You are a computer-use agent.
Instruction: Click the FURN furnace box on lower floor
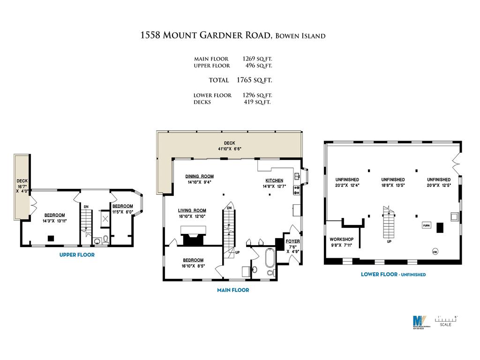point(427,225)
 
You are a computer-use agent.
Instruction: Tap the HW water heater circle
point(435,251)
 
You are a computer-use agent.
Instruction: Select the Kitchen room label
point(274,180)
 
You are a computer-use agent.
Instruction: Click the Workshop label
point(341,239)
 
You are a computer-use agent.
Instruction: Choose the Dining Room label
point(199,176)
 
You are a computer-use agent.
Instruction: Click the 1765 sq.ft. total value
point(257,80)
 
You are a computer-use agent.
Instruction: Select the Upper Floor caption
point(77,255)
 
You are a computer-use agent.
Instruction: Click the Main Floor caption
point(233,290)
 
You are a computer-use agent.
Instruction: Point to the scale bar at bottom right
point(446,320)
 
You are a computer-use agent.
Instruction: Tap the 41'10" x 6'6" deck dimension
point(229,149)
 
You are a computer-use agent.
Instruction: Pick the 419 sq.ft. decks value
point(257,102)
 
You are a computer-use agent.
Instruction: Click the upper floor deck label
point(22,181)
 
